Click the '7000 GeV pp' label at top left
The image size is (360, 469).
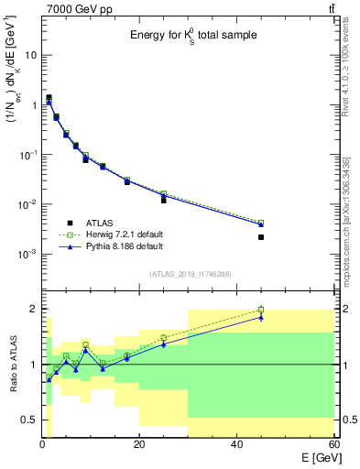tap(75, 8)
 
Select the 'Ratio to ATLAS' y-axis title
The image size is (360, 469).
tap(13, 365)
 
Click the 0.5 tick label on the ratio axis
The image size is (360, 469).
tap(30, 420)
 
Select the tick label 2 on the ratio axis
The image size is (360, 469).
tap(34, 310)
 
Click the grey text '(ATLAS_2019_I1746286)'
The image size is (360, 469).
tap(190, 273)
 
